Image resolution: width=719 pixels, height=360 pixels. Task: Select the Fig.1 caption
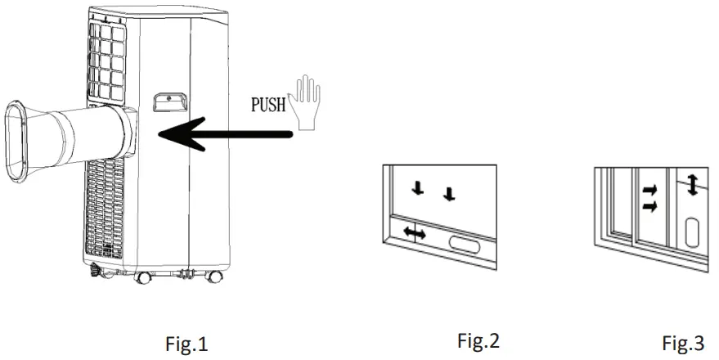186,344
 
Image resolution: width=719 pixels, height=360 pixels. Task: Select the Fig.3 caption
685,343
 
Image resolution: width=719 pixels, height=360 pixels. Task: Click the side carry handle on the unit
168,100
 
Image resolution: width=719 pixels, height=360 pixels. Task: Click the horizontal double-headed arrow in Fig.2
415,234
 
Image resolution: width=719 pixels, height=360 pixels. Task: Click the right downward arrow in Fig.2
447,194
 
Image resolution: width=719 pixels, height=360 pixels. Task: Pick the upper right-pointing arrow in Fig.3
649,190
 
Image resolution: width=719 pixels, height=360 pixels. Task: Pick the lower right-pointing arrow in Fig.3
649,206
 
